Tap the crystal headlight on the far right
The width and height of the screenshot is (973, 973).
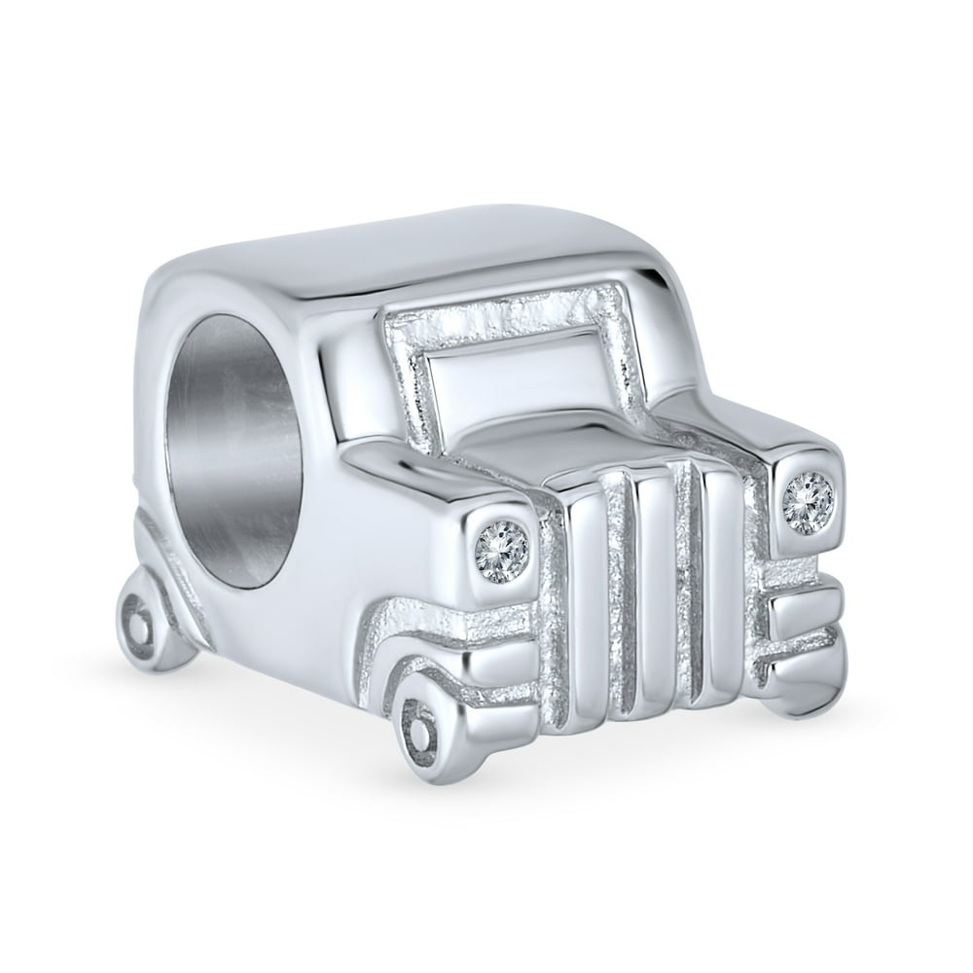pos(808,503)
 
